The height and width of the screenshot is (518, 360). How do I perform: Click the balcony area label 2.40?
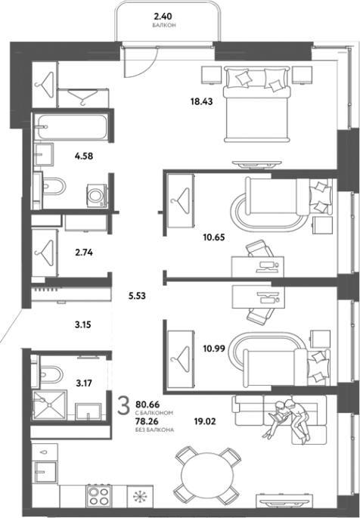[x=163, y=16]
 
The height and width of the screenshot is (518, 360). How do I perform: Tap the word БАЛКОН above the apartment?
[x=164, y=26]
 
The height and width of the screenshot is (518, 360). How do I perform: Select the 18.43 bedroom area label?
[x=201, y=101]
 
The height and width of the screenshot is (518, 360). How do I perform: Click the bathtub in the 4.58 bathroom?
[x=73, y=127]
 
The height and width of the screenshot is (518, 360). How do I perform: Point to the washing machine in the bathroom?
[x=97, y=196]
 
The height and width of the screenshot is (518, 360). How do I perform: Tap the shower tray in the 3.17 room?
[x=50, y=405]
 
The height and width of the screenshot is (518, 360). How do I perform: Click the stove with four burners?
[x=98, y=495]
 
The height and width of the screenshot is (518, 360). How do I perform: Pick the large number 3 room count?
[x=124, y=406]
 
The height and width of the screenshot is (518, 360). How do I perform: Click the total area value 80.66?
[x=147, y=405]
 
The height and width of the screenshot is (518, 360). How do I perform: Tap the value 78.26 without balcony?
[x=147, y=421]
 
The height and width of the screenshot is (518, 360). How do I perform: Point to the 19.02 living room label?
[x=205, y=421]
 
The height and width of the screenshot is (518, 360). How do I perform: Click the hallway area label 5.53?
[x=137, y=296]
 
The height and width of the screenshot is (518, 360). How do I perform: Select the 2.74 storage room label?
[x=84, y=253]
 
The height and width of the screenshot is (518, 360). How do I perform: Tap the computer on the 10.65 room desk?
[x=268, y=267]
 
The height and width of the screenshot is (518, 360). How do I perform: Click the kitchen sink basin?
[x=45, y=472]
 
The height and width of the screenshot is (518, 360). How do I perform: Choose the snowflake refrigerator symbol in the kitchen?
[x=140, y=497]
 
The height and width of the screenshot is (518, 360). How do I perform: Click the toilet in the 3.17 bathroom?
[x=49, y=374]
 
